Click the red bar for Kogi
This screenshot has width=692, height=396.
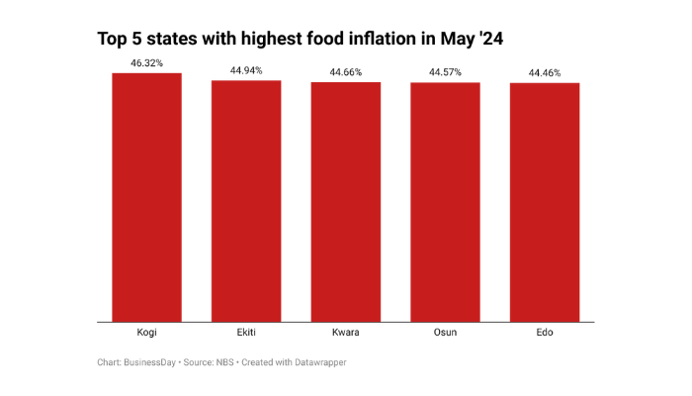pos(146,198)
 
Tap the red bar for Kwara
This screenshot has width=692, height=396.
pos(346,202)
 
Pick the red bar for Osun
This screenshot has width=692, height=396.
pos(445,202)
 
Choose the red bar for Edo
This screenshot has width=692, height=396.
pos(545,202)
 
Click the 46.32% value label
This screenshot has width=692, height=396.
pos(146,63)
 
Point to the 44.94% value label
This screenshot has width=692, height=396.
pos(246,70)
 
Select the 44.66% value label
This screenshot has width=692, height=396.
pos(346,72)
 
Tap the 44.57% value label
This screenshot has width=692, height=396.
pos(445,72)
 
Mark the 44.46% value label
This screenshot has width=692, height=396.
pos(545,73)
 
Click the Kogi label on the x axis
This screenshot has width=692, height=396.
pos(146,333)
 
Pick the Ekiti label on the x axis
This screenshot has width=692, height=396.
pos(246,333)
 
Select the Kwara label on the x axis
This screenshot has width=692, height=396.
pos(346,333)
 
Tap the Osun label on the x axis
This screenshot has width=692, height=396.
pos(445,333)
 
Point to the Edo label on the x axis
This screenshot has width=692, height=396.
pos(545,333)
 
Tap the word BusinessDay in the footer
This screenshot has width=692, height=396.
pos(148,363)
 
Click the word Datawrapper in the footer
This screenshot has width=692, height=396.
pos(316,363)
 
